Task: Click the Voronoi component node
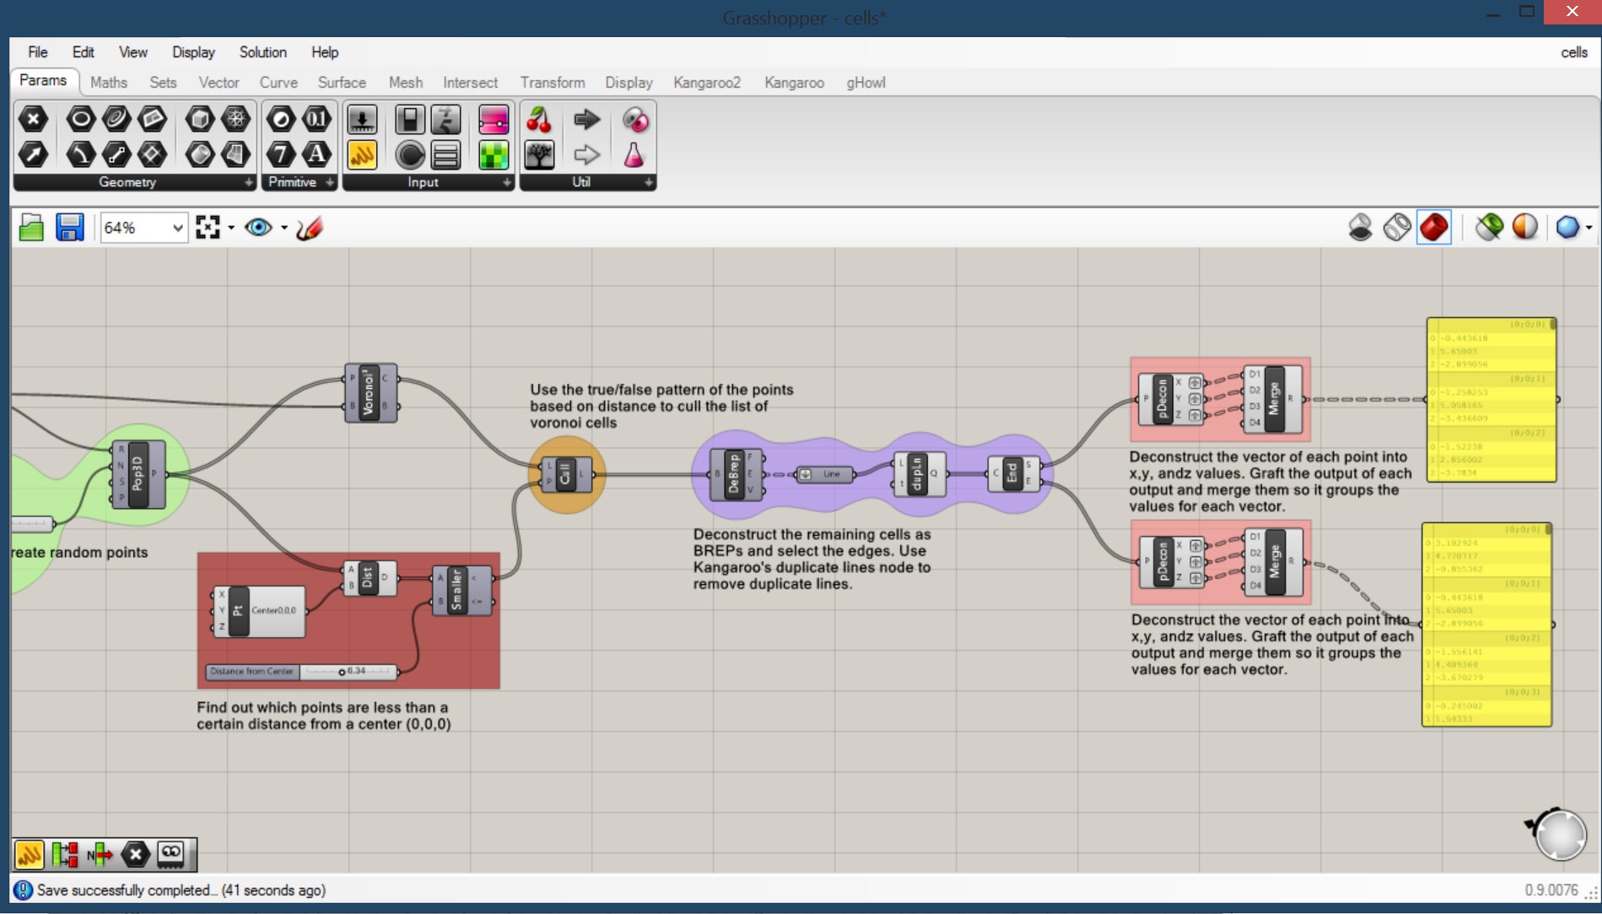(x=369, y=392)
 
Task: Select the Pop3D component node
(x=138, y=475)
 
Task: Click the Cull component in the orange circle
(x=565, y=474)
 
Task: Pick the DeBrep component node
(x=733, y=474)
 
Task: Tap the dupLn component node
(x=917, y=474)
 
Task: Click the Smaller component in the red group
(x=456, y=589)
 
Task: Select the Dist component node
(x=367, y=578)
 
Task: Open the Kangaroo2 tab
(x=706, y=83)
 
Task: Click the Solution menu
(x=262, y=52)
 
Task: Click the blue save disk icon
(x=69, y=228)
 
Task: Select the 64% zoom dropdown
(x=143, y=228)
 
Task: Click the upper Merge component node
(x=1273, y=398)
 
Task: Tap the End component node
(x=1011, y=473)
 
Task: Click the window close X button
(x=1571, y=12)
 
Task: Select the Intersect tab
(x=470, y=83)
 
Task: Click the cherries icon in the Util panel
(x=538, y=121)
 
